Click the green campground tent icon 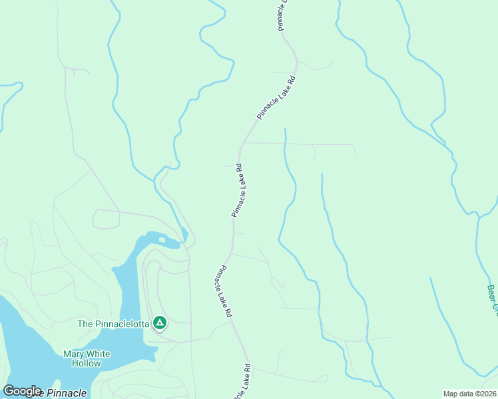[160, 323]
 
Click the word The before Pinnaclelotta [85, 324]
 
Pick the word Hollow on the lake [87, 364]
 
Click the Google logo [22, 391]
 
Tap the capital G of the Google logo [9, 391]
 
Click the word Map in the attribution [451, 394]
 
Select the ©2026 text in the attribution [485, 394]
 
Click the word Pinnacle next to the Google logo [65, 393]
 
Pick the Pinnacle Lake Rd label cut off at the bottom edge [242, 382]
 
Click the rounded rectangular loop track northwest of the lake [106, 218]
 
